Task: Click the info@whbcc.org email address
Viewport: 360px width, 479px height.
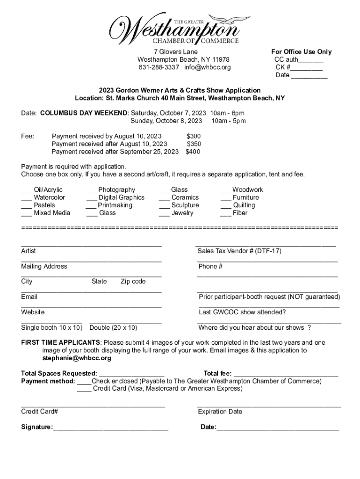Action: (207, 67)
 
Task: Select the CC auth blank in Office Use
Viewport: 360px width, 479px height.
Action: (311, 60)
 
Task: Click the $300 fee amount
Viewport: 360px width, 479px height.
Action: (194, 136)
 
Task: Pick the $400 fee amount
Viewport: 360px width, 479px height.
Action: (193, 152)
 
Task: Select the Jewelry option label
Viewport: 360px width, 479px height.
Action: (182, 213)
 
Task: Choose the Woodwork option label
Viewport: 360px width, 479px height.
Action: (247, 189)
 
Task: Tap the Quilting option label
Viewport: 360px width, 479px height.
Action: (244, 205)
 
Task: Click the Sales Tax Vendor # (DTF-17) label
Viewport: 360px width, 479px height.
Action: (239, 251)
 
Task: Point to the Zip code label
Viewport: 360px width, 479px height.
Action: (133, 282)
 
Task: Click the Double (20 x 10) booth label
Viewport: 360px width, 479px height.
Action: (113, 327)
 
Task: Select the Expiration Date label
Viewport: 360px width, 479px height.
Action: (220, 412)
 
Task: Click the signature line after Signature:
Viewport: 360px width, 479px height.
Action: (110, 428)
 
